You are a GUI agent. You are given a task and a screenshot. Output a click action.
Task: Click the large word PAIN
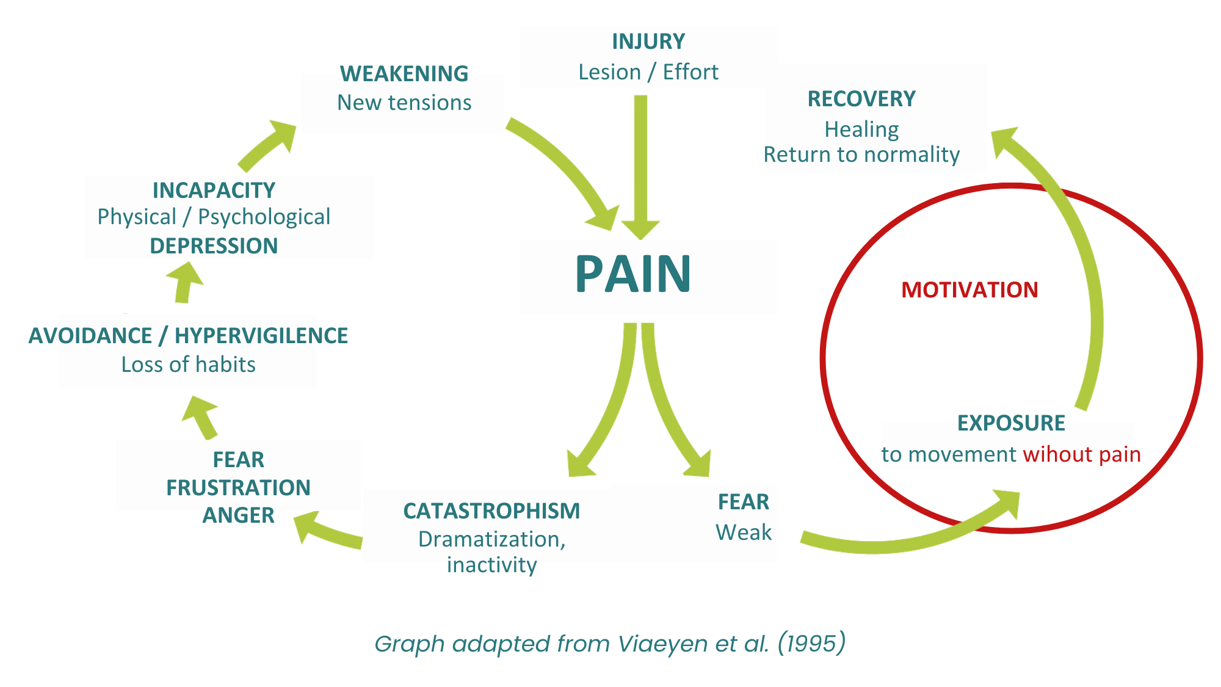pos(633,275)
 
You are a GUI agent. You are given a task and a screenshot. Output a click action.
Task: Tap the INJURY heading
pos(648,42)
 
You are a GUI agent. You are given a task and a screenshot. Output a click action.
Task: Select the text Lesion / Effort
pos(648,72)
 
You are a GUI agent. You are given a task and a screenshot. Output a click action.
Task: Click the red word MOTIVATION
pos(969,289)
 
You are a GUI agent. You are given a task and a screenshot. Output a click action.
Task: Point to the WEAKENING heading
pos(404,74)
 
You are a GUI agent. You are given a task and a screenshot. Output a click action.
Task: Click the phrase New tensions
pos(404,103)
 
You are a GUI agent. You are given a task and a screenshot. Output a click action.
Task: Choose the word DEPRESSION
pos(214,245)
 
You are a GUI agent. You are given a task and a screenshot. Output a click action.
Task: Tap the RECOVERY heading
pos(861,99)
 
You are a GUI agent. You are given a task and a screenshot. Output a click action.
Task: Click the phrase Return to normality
pos(861,154)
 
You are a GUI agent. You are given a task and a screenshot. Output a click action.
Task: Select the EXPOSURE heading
pos(1011,423)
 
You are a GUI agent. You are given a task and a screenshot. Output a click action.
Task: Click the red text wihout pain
pos(1082,454)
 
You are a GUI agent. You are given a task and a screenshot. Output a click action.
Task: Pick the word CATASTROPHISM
pos(491,511)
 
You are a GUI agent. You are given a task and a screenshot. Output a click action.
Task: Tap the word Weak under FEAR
pos(744,533)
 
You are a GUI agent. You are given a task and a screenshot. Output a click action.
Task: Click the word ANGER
pos(238,515)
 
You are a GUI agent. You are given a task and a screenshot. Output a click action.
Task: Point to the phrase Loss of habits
pos(188,365)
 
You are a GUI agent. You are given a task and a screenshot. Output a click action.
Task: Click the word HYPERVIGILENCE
pos(261,336)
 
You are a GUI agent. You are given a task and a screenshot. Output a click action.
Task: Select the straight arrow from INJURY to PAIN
pos(640,165)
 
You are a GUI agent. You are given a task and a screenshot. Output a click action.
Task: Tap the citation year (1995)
pos(811,643)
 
